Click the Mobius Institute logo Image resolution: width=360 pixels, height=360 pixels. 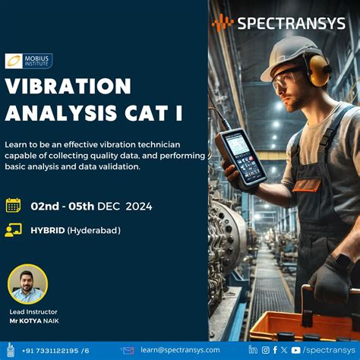coord(28,61)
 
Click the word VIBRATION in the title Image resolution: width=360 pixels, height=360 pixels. coord(68,86)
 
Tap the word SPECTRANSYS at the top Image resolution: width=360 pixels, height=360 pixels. coord(291,23)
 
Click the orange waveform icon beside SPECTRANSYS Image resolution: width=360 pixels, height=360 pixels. coord(223,23)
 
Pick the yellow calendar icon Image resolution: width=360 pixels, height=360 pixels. coord(13,205)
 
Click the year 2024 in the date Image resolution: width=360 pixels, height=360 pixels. coord(139,206)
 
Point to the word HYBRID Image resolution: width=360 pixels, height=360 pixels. coord(48,230)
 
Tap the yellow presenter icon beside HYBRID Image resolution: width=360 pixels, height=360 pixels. coord(13,230)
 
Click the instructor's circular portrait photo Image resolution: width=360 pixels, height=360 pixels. coord(27,284)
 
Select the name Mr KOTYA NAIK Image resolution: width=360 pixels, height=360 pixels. coord(33,321)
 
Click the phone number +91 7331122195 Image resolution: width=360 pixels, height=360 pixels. coord(52,350)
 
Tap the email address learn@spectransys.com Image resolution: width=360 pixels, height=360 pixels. coord(175,350)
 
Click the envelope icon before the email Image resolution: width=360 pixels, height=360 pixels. coord(128,350)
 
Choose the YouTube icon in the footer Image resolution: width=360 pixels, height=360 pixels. coord(296,350)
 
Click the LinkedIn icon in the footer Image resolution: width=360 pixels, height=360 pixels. coord(253,350)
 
